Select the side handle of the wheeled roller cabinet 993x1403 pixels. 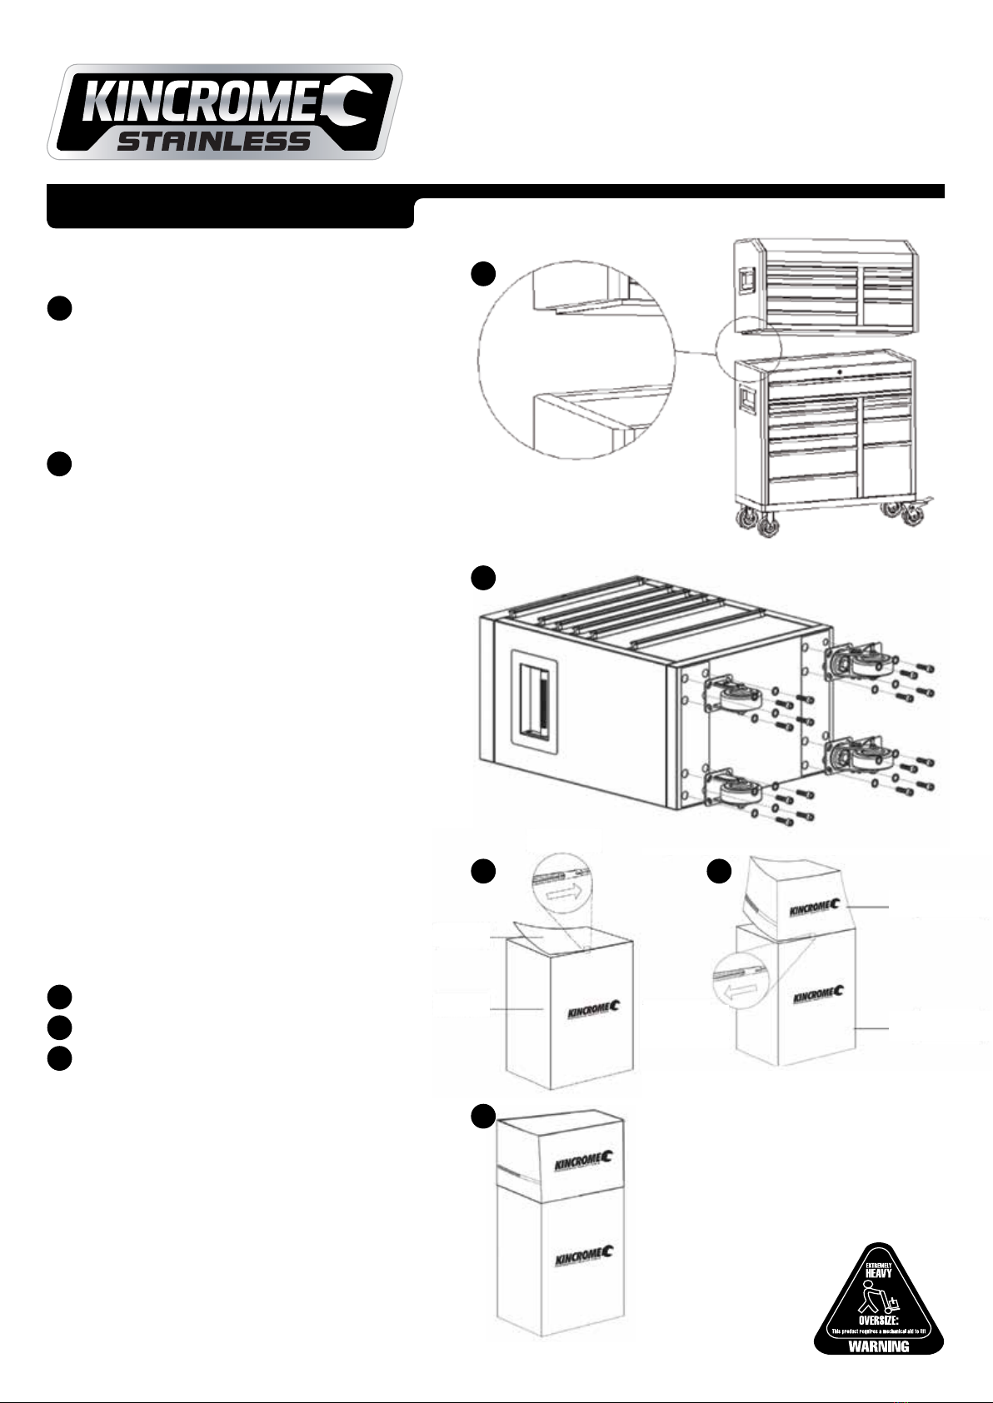[746, 397]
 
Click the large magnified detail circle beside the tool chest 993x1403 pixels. [576, 360]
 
